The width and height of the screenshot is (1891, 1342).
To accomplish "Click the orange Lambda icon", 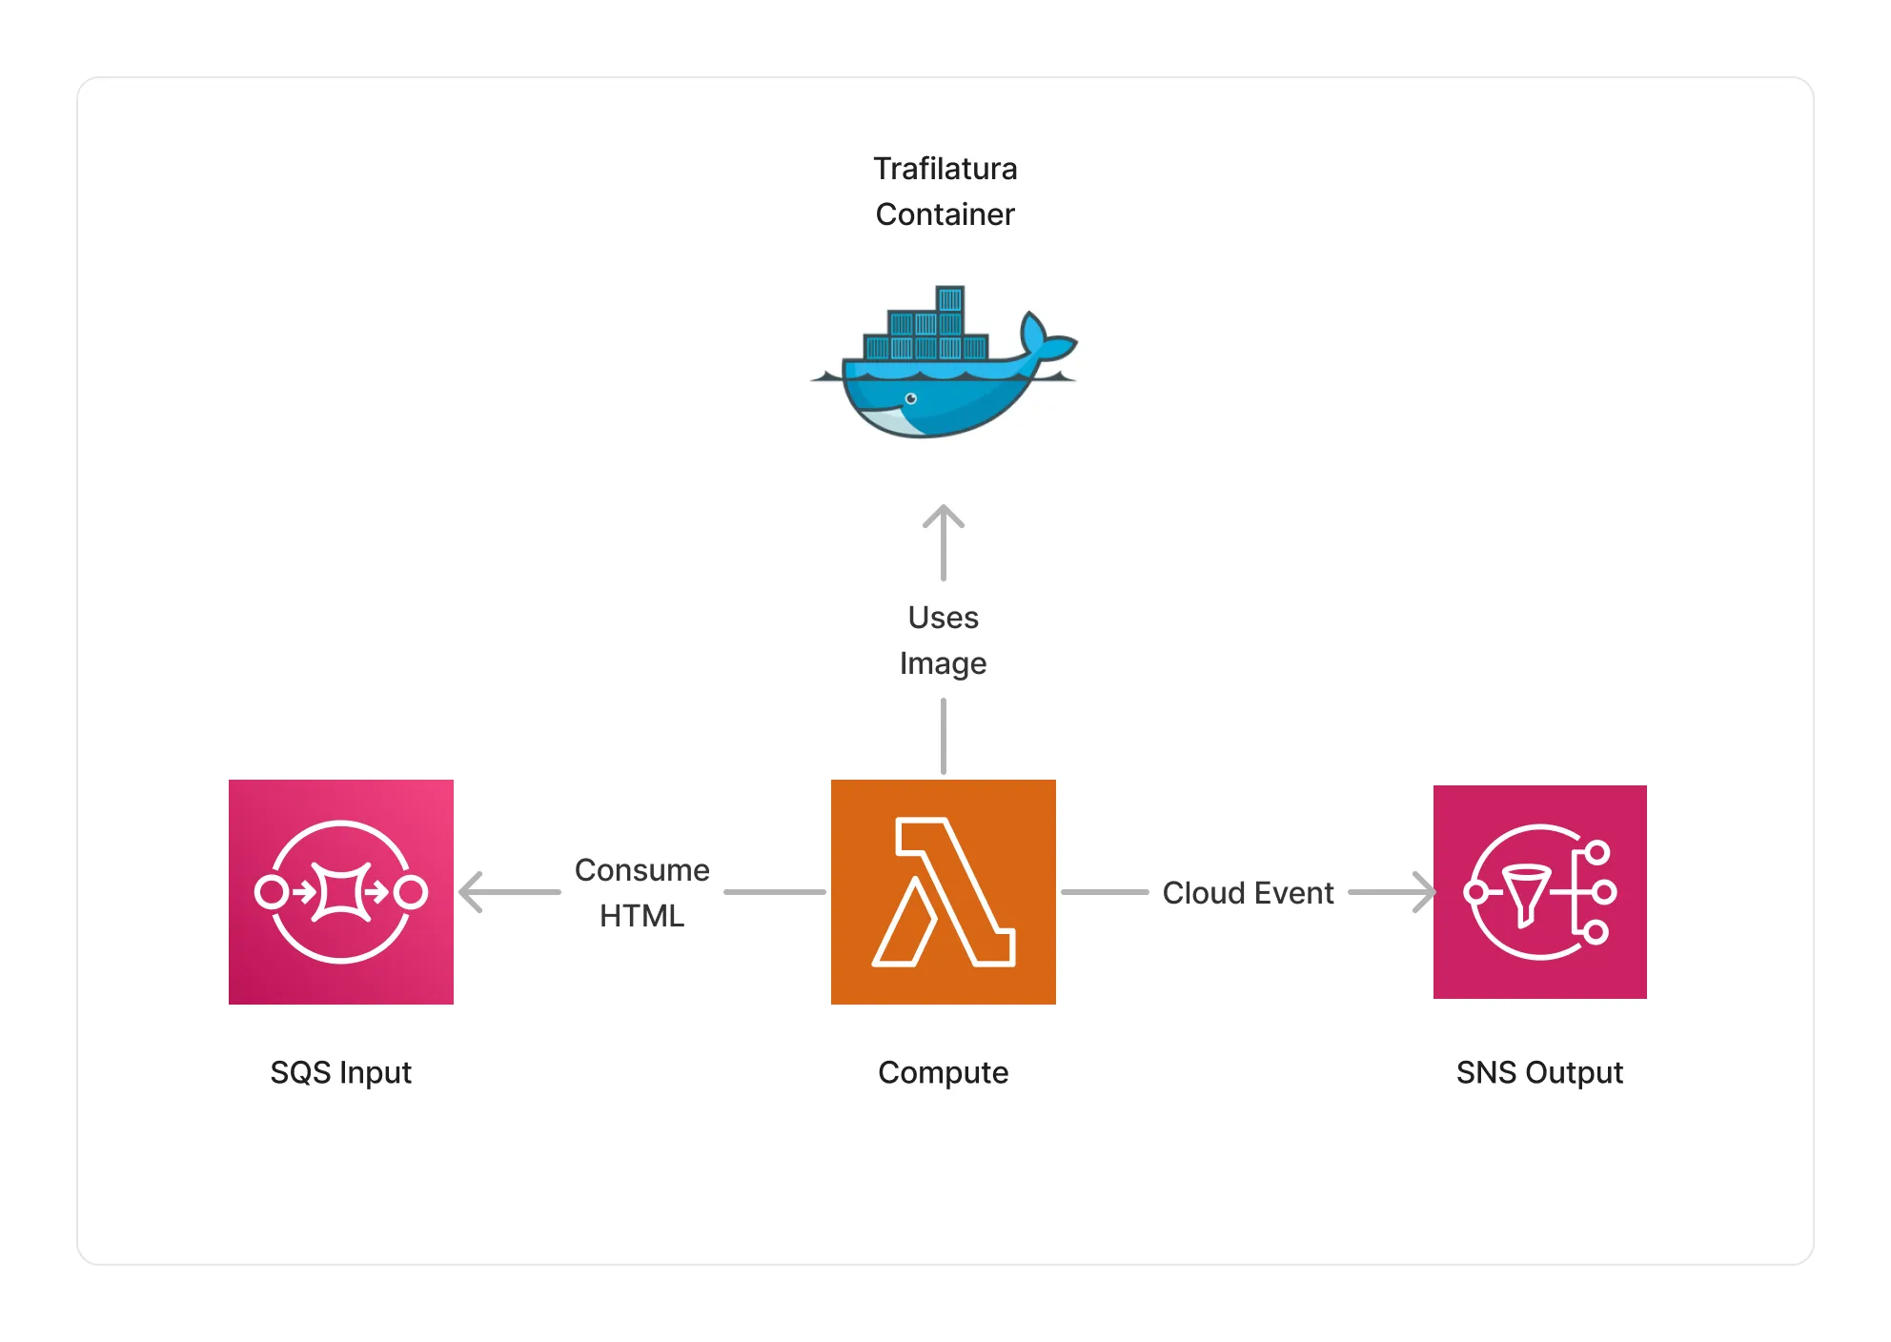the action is coord(944,892).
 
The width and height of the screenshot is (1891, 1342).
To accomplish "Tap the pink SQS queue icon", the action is coord(341,892).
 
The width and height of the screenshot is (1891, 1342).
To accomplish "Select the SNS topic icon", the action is coord(1540,892).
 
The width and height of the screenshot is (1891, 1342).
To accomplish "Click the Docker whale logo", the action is coord(944,362).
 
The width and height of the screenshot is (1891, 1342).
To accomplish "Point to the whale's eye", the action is coord(911,398).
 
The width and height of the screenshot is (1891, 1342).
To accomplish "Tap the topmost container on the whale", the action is coord(950,298).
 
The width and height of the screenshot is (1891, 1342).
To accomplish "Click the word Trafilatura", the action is coord(945,169).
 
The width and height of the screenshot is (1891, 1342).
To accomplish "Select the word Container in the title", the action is coord(945,214).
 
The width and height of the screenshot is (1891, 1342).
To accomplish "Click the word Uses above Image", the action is coord(944,618).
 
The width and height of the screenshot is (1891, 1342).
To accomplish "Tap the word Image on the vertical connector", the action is coord(944,664).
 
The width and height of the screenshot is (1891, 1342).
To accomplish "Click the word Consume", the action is coord(642,870).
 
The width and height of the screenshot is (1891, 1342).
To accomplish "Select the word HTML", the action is coord(642,916).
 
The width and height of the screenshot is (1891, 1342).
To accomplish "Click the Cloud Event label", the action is coord(1249,893).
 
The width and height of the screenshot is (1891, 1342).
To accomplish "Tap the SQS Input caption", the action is coord(341,1073).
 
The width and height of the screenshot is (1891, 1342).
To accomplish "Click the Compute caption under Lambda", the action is coord(944,1073).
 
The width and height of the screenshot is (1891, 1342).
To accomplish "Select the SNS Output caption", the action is coord(1540,1073).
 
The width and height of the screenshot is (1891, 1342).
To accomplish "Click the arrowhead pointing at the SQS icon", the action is coord(471,892).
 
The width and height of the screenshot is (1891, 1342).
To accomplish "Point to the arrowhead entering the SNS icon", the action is coord(1424,892).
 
